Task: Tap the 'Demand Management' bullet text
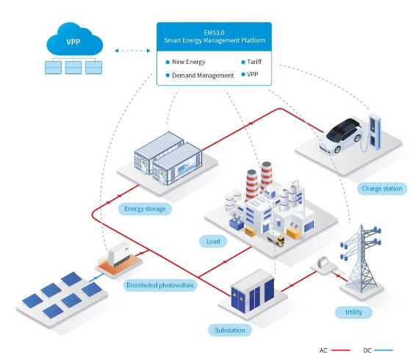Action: [203, 76]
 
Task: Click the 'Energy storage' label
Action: [145, 209]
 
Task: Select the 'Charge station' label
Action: [382, 189]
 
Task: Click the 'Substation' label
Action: [229, 331]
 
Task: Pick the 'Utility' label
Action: [354, 312]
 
